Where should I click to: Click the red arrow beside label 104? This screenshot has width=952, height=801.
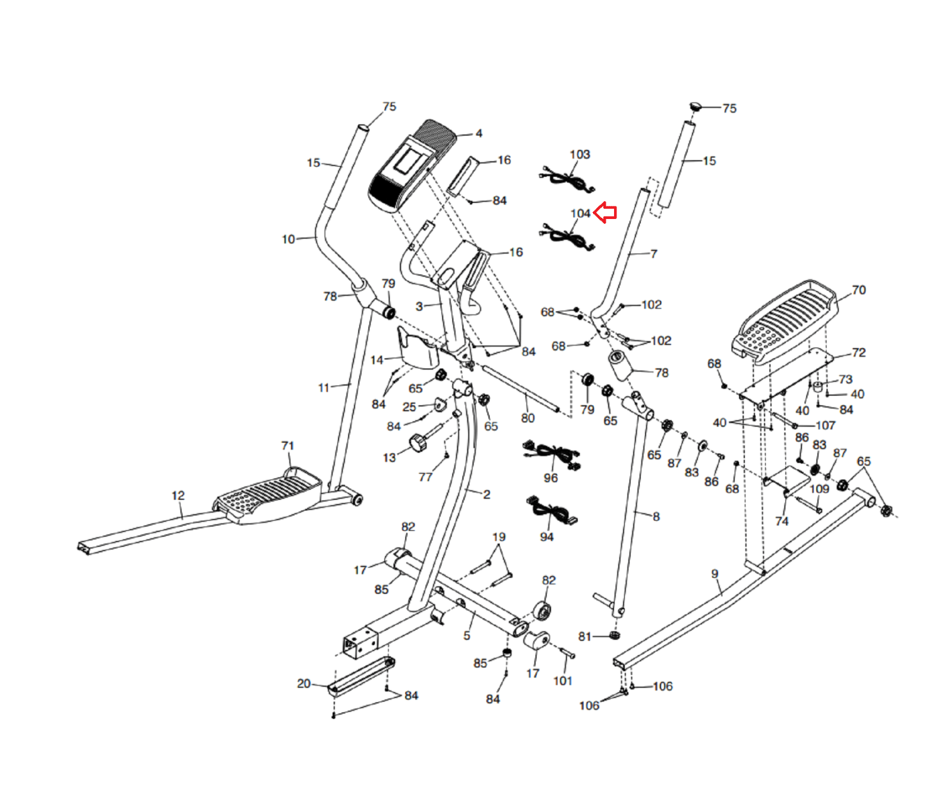[606, 212]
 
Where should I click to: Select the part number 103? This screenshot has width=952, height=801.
[580, 155]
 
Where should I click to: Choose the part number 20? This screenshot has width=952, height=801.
[303, 684]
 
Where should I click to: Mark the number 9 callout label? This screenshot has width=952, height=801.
[715, 574]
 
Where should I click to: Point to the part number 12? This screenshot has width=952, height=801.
[178, 495]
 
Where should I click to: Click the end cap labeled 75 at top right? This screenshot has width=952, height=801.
[695, 107]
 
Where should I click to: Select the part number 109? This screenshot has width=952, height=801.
[819, 489]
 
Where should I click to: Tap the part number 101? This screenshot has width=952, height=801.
[562, 681]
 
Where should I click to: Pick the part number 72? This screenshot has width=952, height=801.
[859, 352]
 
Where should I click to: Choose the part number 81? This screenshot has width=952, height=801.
[585, 637]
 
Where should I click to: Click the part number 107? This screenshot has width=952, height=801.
[825, 425]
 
